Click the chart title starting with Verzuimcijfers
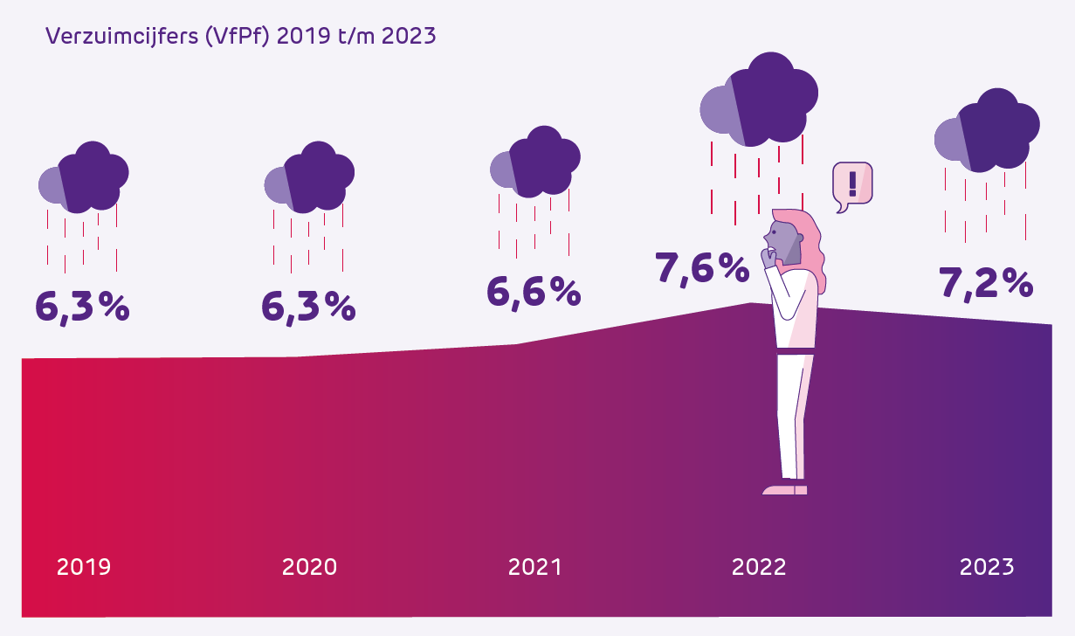coord(240,37)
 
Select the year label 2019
coord(84,567)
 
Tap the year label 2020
coord(309,567)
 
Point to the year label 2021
coord(535,567)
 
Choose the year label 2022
coord(759,567)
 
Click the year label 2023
coord(987,567)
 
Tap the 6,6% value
coord(534,291)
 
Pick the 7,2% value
coord(986,282)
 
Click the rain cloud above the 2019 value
coord(85,177)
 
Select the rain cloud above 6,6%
coord(536,162)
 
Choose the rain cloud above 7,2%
coord(987,131)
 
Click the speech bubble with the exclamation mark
coord(852,184)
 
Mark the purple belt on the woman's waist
coord(796,350)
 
